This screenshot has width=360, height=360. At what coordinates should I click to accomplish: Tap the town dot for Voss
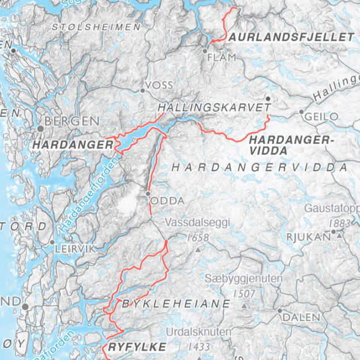pyautogui.click(x=142, y=91)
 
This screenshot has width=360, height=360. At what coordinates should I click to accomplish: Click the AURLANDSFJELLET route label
pyautogui.click(x=291, y=37)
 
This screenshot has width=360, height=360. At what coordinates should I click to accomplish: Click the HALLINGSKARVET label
pyautogui.click(x=214, y=108)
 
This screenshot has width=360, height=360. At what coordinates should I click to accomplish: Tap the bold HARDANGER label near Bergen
pyautogui.click(x=73, y=145)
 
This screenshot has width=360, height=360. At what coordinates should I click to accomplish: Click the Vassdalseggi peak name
pyautogui.click(x=198, y=223)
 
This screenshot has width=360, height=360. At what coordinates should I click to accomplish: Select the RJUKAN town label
pyautogui.click(x=309, y=236)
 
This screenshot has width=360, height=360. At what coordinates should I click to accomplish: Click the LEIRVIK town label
pyautogui.click(x=72, y=249)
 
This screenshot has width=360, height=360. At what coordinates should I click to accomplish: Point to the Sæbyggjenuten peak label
pyautogui.click(x=244, y=279)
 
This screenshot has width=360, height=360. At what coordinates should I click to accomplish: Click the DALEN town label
pyautogui.click(x=301, y=317)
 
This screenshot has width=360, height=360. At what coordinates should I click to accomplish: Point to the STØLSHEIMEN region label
pyautogui.click(x=96, y=27)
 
